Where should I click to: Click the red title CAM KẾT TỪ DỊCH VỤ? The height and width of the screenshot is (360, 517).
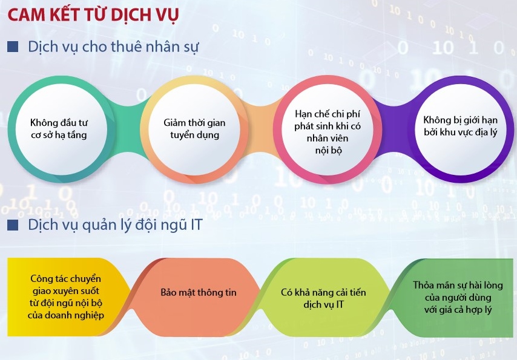pos(93,15)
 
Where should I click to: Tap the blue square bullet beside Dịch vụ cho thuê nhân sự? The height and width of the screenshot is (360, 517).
pos(13,47)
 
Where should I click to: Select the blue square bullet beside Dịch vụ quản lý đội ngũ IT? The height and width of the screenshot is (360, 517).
pos(13,225)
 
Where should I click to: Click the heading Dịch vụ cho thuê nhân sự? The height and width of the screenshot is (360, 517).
pos(113,47)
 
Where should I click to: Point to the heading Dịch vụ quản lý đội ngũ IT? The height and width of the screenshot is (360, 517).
pos(115,225)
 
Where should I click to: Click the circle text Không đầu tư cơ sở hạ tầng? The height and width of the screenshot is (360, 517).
pos(59,128)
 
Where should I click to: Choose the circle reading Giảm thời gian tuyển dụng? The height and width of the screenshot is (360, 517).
pos(194,128)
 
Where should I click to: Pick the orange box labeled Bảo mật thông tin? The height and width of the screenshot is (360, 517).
pos(198,297)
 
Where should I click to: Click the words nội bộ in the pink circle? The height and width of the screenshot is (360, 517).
pos(328,150)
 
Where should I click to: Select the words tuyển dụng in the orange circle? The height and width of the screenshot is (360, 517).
pos(194,135)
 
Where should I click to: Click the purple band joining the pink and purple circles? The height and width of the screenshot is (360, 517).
pos(394,128)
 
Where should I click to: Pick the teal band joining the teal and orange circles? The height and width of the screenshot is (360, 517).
pos(128,128)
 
